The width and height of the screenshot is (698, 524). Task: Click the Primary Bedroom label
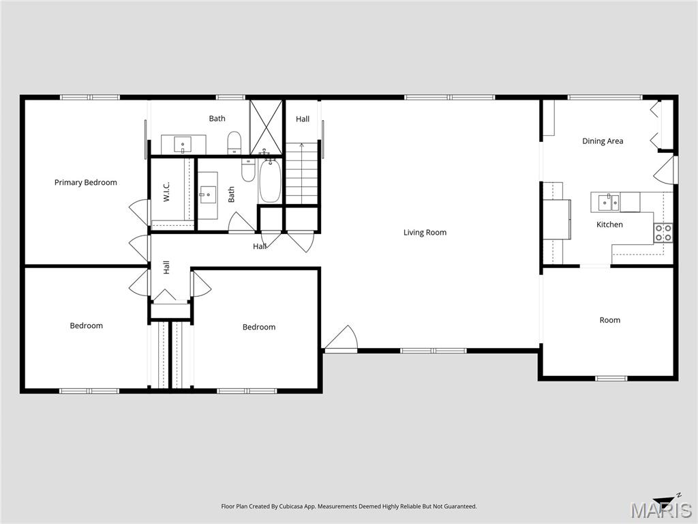pyautogui.click(x=86, y=182)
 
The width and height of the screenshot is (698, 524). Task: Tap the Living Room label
pyautogui.click(x=425, y=233)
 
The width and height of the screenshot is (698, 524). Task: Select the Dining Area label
pyautogui.click(x=603, y=141)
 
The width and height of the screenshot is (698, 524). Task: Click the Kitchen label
pyautogui.click(x=609, y=224)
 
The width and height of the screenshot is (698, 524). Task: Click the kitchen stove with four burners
pyautogui.click(x=663, y=233)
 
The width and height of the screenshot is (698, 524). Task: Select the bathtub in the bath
pyautogui.click(x=269, y=180)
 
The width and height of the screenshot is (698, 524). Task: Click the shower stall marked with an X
pyautogui.click(x=265, y=127)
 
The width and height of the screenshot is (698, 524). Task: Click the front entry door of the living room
pyautogui.click(x=341, y=340)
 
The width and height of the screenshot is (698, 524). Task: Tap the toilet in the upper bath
pyautogui.click(x=234, y=142)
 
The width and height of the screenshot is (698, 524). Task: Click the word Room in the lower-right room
pyautogui.click(x=609, y=320)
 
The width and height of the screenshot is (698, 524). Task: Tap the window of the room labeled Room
pyautogui.click(x=611, y=378)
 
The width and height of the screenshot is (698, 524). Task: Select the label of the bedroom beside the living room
pyautogui.click(x=259, y=327)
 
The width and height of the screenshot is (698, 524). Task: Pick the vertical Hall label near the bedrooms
pyautogui.click(x=166, y=268)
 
